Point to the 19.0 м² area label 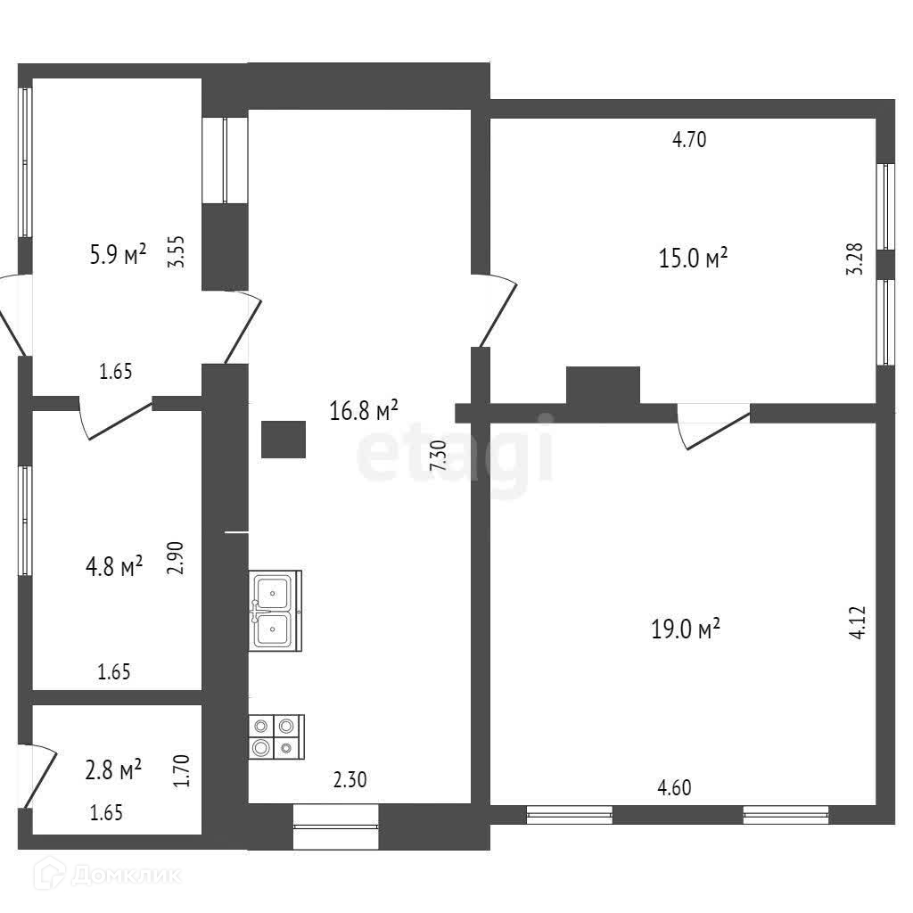tap(685, 629)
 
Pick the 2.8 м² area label tap(113, 769)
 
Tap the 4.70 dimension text tap(689, 139)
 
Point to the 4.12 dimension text tap(858, 622)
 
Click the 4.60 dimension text tap(674, 788)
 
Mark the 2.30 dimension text tap(350, 780)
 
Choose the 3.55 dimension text tap(177, 252)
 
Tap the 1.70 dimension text tap(181, 769)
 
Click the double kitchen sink tap(274, 611)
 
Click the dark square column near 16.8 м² tap(284, 439)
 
